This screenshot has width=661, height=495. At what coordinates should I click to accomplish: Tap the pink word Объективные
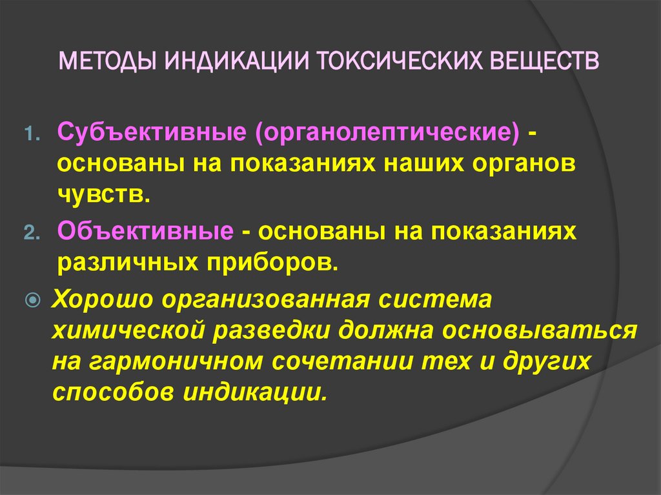click(145, 232)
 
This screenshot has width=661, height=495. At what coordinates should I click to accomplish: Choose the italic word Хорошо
click(103, 299)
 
